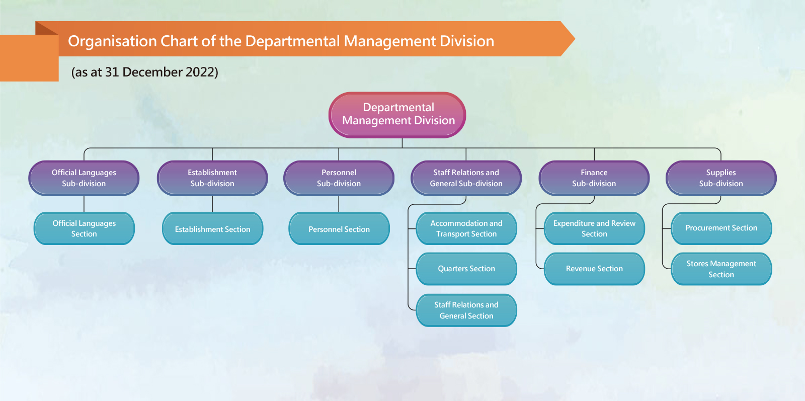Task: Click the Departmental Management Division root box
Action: point(397,115)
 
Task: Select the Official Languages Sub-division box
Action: point(84,178)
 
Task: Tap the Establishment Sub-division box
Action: point(212,178)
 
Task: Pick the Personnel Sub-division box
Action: point(339,178)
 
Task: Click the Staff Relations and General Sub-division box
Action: point(466,178)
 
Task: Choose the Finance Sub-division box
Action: point(594,178)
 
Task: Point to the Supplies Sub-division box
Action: point(721,178)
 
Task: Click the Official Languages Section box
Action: point(84,228)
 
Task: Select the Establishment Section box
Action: point(213,228)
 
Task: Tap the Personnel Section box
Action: point(339,228)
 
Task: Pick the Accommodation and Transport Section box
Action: point(466,228)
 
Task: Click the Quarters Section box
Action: point(466,269)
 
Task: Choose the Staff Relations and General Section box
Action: point(466,310)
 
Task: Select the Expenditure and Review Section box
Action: point(594,228)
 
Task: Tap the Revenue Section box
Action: point(594,269)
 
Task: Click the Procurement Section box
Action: point(721,228)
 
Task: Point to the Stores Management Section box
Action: point(721,269)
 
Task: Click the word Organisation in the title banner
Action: point(112,41)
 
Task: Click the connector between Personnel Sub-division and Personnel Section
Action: point(339,204)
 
